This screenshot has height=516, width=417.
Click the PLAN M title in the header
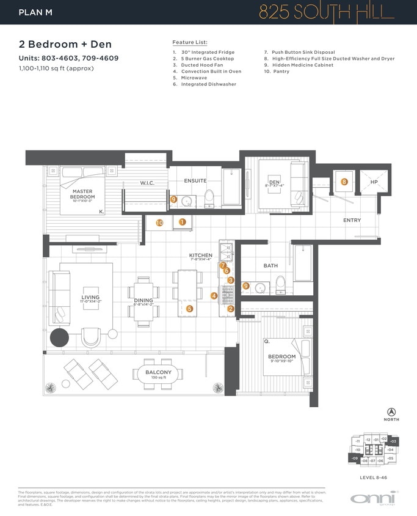coord(35,12)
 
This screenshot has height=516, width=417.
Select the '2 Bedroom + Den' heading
coord(65,45)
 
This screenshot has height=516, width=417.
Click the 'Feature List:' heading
coord(190,42)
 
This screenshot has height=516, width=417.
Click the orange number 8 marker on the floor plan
coord(344,182)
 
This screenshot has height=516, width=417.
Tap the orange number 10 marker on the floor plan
coord(160,223)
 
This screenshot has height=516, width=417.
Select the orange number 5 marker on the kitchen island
coord(189,309)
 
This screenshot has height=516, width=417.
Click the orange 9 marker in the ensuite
coord(174,199)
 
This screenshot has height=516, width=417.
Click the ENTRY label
coord(352,220)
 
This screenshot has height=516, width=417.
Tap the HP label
coord(374,182)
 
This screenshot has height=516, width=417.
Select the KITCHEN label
coord(200,255)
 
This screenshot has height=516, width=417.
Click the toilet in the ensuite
coord(208,197)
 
